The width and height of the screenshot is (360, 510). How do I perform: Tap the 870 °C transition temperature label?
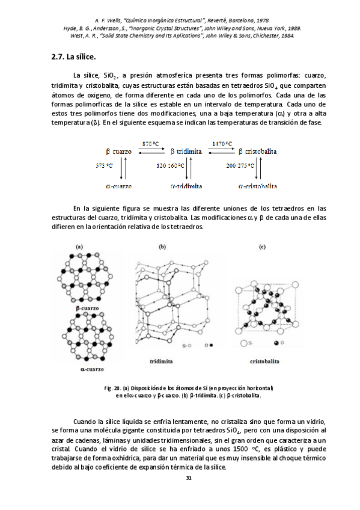coord(150,144)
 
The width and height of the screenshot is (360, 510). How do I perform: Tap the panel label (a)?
coord(79,246)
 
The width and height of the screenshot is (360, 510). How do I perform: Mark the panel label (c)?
coord(262,246)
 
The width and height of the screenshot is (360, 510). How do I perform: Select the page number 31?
coord(188,478)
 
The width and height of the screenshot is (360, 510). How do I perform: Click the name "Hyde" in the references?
coord(69,27)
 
